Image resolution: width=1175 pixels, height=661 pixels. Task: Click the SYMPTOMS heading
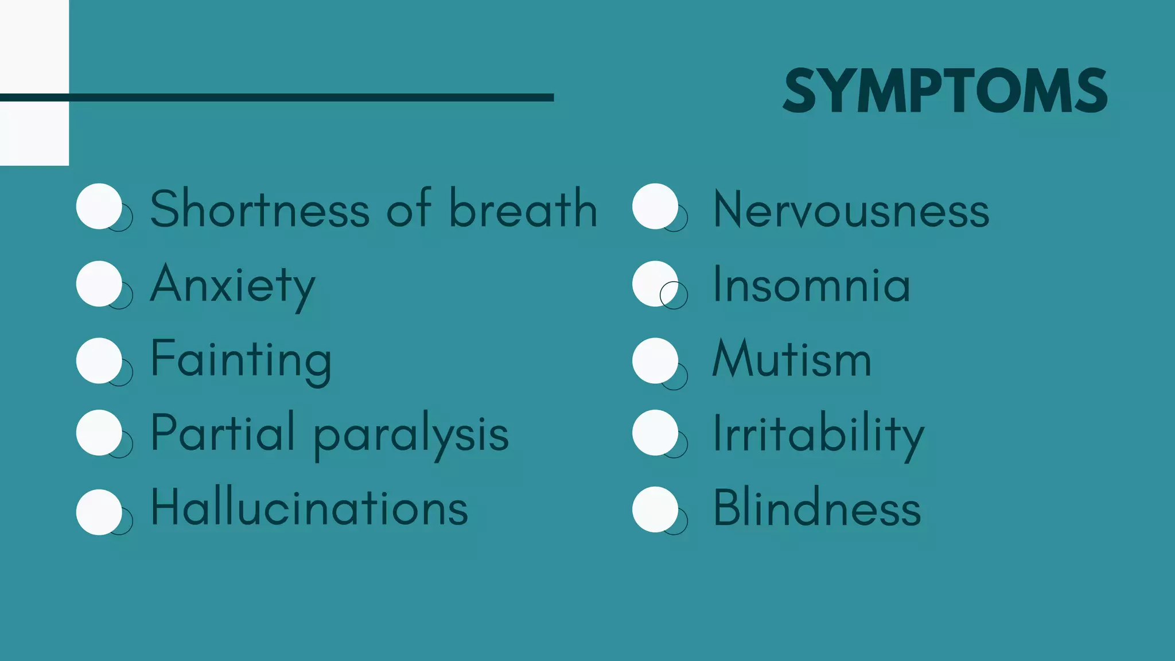[945, 91]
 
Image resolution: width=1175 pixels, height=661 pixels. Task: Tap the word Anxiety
[233, 285]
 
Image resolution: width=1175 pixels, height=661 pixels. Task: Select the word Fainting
[241, 360]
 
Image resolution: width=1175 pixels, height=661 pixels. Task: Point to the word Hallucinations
[309, 508]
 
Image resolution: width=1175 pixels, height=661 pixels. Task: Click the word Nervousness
[851, 210]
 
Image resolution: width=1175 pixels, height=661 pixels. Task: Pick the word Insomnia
[811, 285]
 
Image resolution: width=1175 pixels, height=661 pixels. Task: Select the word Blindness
[817, 508]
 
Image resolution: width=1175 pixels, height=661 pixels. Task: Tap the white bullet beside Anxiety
[99, 283]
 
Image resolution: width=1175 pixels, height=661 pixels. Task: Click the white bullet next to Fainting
[99, 360]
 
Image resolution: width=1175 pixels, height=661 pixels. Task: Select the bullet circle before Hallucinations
[99, 512]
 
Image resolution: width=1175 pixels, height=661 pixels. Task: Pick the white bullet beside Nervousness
[655, 206]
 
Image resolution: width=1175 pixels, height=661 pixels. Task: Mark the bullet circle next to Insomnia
[655, 283]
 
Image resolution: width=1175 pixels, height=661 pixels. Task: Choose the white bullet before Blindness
[655, 509]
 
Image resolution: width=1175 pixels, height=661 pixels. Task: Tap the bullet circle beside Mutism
[655, 360]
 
